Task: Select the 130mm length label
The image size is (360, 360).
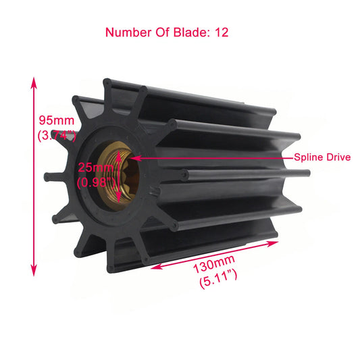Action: [215, 262]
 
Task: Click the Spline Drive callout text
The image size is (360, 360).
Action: [322, 157]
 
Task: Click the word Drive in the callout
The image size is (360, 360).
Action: [338, 157]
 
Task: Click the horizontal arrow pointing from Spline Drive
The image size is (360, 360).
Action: [209, 157]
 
